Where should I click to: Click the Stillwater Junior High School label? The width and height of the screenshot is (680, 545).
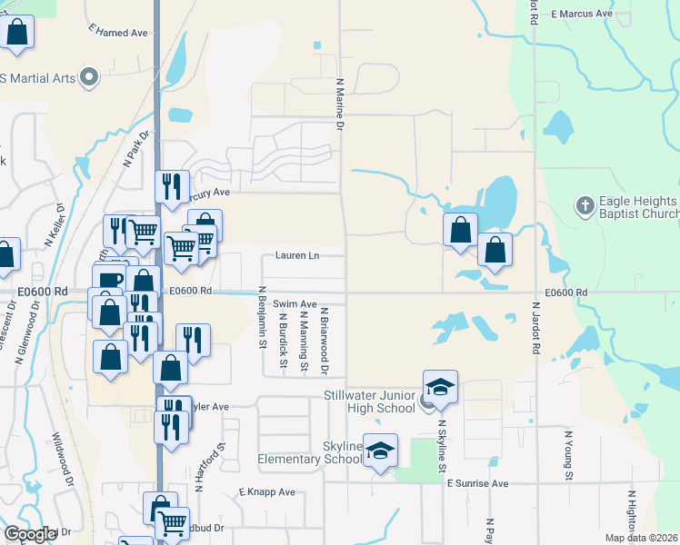coord(370,401)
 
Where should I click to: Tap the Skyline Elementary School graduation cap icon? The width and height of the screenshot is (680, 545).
coord(381,450)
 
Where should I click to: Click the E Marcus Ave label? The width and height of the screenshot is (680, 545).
coord(583,15)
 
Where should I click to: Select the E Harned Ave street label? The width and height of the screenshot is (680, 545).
coord(118,32)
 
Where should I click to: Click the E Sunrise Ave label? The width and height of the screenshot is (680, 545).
coord(476,484)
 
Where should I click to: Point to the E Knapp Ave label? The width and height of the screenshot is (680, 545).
coord(267,491)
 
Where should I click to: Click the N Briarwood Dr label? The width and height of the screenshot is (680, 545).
coord(324,341)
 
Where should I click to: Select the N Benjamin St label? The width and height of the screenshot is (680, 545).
coord(262,317)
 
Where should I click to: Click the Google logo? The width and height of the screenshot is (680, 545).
coord(30,534)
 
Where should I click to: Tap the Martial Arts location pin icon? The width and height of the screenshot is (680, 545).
coord(88,78)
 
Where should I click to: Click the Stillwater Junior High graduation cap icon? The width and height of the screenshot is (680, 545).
coord(439,386)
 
